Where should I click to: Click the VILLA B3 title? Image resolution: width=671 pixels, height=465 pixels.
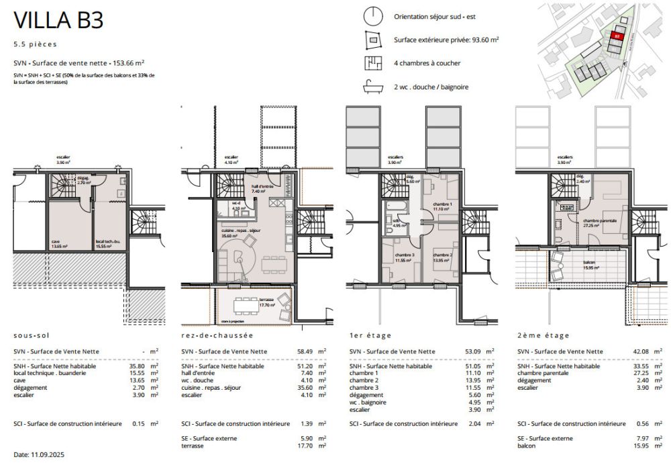click(58, 20)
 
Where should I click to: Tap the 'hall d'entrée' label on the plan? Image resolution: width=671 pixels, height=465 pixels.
click(260, 189)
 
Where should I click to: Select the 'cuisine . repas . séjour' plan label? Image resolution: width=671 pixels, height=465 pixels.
click(240, 232)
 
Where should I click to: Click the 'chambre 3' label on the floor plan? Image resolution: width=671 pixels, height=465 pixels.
click(405, 257)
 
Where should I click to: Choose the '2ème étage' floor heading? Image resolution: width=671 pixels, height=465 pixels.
click(544, 335)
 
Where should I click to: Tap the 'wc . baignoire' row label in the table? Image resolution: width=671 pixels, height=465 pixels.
click(373, 402)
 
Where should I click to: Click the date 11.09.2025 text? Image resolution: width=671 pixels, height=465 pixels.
click(40, 455)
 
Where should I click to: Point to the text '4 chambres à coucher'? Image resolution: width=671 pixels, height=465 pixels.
click(427, 63)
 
